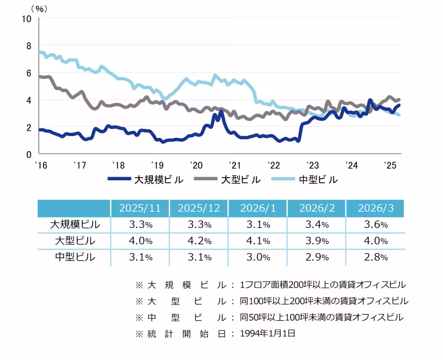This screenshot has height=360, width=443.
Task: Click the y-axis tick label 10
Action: (x=27, y=18)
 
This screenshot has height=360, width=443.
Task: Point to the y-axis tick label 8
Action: (x=29, y=46)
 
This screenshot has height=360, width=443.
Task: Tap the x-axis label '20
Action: (x=196, y=165)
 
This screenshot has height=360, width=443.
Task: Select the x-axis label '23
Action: (x=313, y=165)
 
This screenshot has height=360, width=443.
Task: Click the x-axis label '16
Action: (x=41, y=165)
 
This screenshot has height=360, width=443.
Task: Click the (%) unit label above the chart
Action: (x=39, y=8)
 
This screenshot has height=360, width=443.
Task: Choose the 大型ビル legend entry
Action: (x=231, y=180)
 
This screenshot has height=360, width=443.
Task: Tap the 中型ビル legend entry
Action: (x=308, y=180)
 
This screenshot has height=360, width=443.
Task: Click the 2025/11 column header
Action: (x=140, y=208)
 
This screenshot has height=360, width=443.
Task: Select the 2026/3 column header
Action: (x=375, y=208)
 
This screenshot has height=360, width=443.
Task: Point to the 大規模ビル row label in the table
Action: (x=75, y=225)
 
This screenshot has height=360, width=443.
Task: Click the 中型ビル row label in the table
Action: (x=75, y=257)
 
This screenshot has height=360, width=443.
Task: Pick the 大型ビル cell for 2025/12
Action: (x=199, y=241)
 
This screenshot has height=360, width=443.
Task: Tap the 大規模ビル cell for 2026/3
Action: (x=375, y=225)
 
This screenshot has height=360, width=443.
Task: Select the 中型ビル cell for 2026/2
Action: (x=316, y=257)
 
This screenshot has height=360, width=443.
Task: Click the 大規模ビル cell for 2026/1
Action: (x=258, y=225)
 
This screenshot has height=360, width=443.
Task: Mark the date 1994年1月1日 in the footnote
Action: (x=268, y=334)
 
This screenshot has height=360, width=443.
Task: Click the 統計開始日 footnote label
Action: (x=181, y=334)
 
